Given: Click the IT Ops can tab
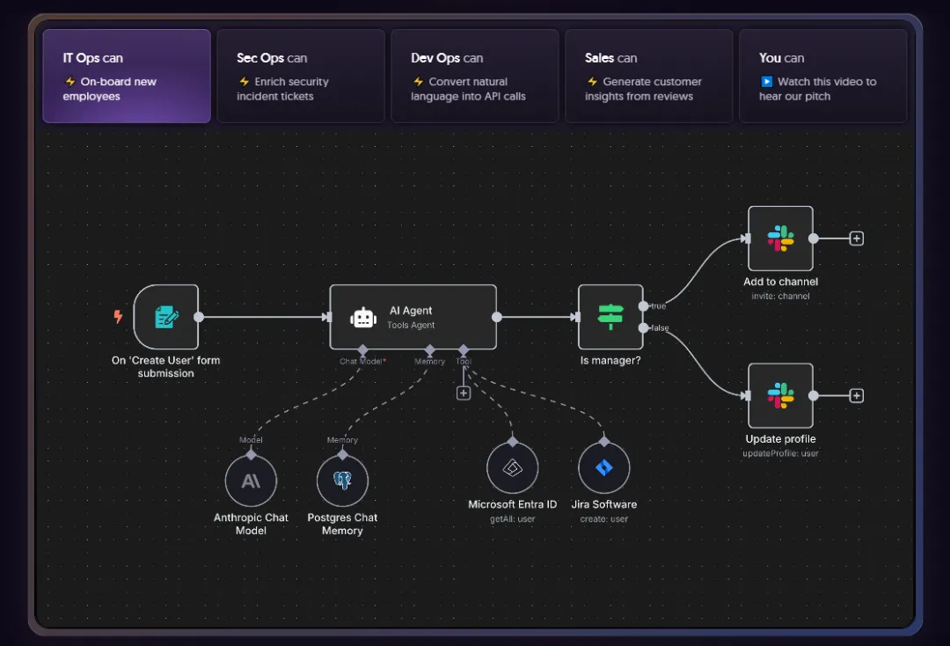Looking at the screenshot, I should pyautogui.click(x=127, y=76).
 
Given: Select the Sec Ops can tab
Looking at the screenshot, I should pyautogui.click(x=301, y=76).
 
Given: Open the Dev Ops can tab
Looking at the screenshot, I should pyautogui.click(x=475, y=76).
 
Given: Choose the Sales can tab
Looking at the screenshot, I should pyautogui.click(x=649, y=76).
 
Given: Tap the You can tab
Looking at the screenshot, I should pyautogui.click(x=822, y=76).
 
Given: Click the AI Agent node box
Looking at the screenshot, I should pyautogui.click(x=413, y=317).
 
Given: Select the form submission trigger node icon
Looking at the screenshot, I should pyautogui.click(x=165, y=317).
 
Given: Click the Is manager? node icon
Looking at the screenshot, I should pyautogui.click(x=610, y=317).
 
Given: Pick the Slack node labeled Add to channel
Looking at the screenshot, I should pyautogui.click(x=780, y=239).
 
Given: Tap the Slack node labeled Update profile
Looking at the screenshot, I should pyautogui.click(x=780, y=396).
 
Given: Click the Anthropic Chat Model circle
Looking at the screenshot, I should pyautogui.click(x=251, y=481).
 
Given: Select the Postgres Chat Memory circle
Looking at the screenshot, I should pyautogui.click(x=342, y=481).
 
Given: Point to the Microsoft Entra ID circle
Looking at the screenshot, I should pyautogui.click(x=513, y=468).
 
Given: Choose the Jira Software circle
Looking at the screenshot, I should pyautogui.click(x=604, y=468).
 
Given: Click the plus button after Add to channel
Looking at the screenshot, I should pyautogui.click(x=857, y=239).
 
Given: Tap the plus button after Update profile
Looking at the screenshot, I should pyautogui.click(x=857, y=396).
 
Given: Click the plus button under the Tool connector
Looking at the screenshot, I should pyautogui.click(x=464, y=393).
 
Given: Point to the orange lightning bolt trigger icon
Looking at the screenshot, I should pyautogui.click(x=118, y=317).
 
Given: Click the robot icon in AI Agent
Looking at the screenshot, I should pyautogui.click(x=363, y=318).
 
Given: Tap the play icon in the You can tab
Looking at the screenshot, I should pyautogui.click(x=766, y=82).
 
